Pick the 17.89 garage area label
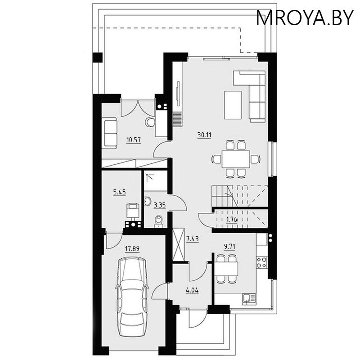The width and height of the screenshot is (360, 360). pyautogui.click(x=132, y=247)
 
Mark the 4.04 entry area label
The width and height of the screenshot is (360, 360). pyautogui.click(x=193, y=290)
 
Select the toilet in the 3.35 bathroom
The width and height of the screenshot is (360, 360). pyautogui.click(x=157, y=221)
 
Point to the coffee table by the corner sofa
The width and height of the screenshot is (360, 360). pyautogui.click(x=233, y=104)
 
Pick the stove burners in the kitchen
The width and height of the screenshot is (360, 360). pyautogui.click(x=261, y=262)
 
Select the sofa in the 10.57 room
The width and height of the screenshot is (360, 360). pyautogui.click(x=110, y=132)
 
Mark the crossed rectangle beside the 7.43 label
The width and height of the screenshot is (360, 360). pyautogui.click(x=179, y=245)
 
